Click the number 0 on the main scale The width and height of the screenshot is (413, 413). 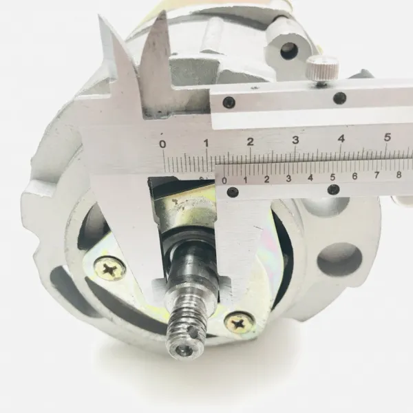coord(163,144)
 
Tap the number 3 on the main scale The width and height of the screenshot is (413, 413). coord(296,140)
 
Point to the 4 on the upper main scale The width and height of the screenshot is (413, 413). coord(341,138)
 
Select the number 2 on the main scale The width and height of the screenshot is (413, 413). coord(251,141)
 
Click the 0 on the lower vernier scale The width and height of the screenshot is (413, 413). coord(224,180)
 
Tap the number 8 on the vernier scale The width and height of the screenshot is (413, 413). coord(399,174)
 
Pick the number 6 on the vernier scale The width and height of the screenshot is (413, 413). coord(354,176)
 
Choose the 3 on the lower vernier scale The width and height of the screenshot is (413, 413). coord(288,178)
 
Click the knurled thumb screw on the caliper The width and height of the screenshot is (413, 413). coord(322,69)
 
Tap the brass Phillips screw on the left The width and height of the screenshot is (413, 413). coord(110,269)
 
